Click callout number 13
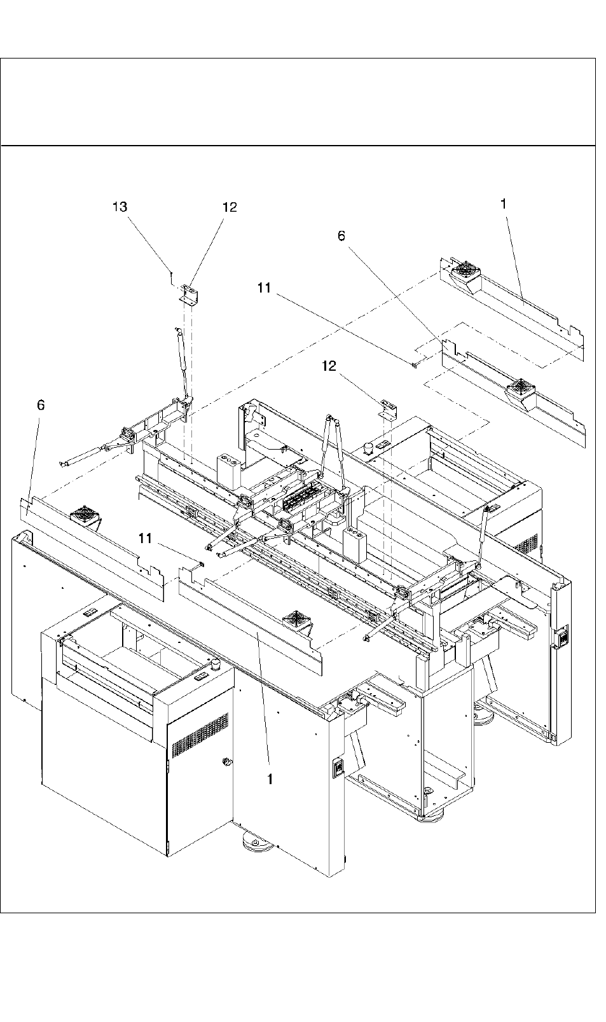click(120, 207)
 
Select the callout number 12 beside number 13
click(230, 207)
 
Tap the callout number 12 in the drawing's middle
click(329, 366)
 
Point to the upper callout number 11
click(265, 288)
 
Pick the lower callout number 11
click(145, 539)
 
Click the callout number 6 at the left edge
click(41, 405)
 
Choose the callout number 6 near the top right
click(341, 236)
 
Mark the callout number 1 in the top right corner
click(504, 204)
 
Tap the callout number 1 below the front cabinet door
click(270, 779)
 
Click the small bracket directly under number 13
click(189, 294)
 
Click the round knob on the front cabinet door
click(226, 761)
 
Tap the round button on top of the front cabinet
click(215, 661)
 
